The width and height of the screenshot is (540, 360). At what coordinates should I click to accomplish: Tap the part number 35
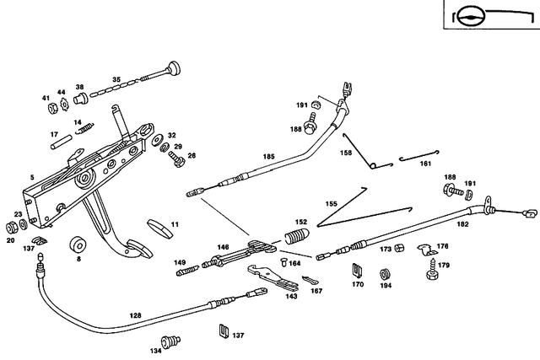pos(117,79)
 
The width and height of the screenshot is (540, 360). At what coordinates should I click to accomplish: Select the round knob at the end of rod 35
pos(175,68)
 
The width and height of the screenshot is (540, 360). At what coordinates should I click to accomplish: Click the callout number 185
pos(269,156)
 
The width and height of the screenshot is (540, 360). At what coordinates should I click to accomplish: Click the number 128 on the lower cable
pos(136,315)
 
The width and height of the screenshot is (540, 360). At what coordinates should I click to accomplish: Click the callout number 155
pos(332,203)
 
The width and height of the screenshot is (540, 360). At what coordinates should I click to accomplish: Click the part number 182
pos(463,226)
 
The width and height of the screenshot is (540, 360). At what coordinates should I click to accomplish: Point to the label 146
pos(224,247)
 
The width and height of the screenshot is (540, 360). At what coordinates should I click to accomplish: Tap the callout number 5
pos(32,177)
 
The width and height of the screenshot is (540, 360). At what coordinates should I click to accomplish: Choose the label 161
pos(425,164)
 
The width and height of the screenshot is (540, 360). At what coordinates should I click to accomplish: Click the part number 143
pos(291,296)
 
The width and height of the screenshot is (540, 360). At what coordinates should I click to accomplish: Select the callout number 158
pos(346,153)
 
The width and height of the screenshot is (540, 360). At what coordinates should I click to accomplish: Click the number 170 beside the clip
pos(358,285)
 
